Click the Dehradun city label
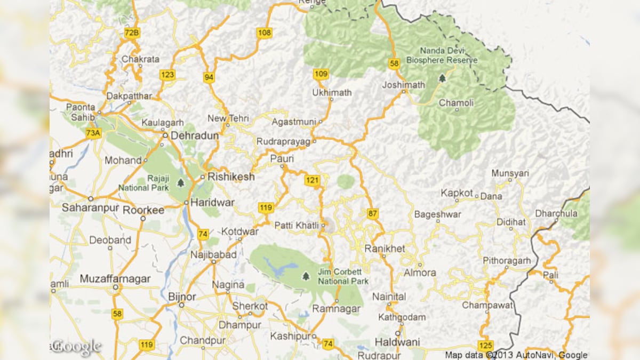pos(194,135)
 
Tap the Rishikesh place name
pos(231,177)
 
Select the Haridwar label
pos(212,203)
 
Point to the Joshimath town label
pos(404,85)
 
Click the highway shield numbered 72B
pos(132,33)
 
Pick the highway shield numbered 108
pos(264,33)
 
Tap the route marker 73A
pos(93,133)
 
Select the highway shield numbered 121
pos(312,180)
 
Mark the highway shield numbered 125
pos(485,345)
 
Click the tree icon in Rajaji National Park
pos(181,183)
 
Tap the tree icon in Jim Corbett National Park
pos(306,276)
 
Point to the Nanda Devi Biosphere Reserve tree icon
pos(442,78)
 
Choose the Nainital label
pos(389,297)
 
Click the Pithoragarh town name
pos(507,261)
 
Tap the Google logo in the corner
pos(76,347)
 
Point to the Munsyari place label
pos(510,173)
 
